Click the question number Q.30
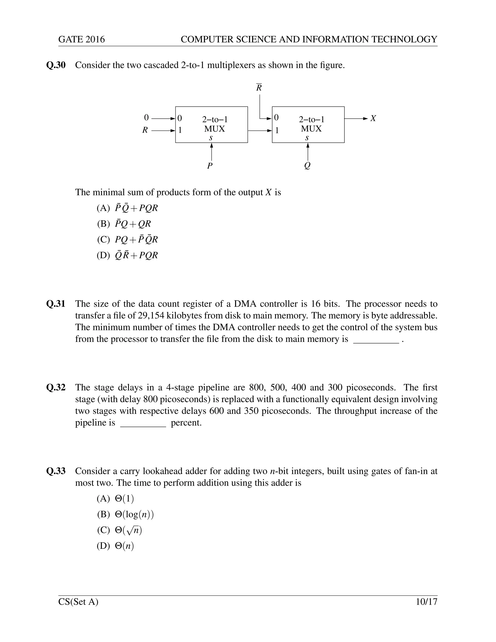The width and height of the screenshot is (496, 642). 56,65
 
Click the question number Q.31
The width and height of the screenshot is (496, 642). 56,304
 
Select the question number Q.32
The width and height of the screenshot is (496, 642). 56,387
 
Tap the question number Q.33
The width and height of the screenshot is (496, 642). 56,471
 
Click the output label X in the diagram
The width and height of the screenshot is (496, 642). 373,118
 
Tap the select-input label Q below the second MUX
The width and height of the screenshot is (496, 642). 307,166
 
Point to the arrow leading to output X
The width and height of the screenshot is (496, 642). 356,118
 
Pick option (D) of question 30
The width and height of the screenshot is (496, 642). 127,255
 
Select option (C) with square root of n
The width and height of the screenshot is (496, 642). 120,530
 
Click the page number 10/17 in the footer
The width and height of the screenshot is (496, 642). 426,602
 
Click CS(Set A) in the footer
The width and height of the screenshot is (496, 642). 78,602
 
